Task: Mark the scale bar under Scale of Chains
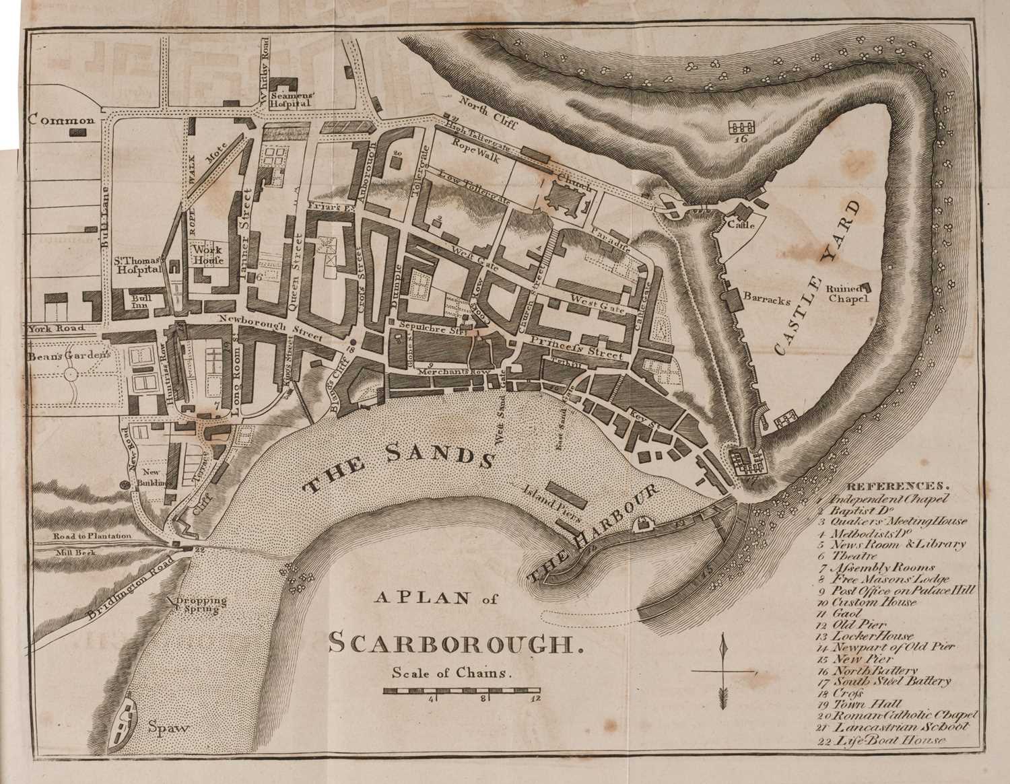click(461, 691)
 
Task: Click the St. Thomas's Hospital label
click(138, 264)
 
